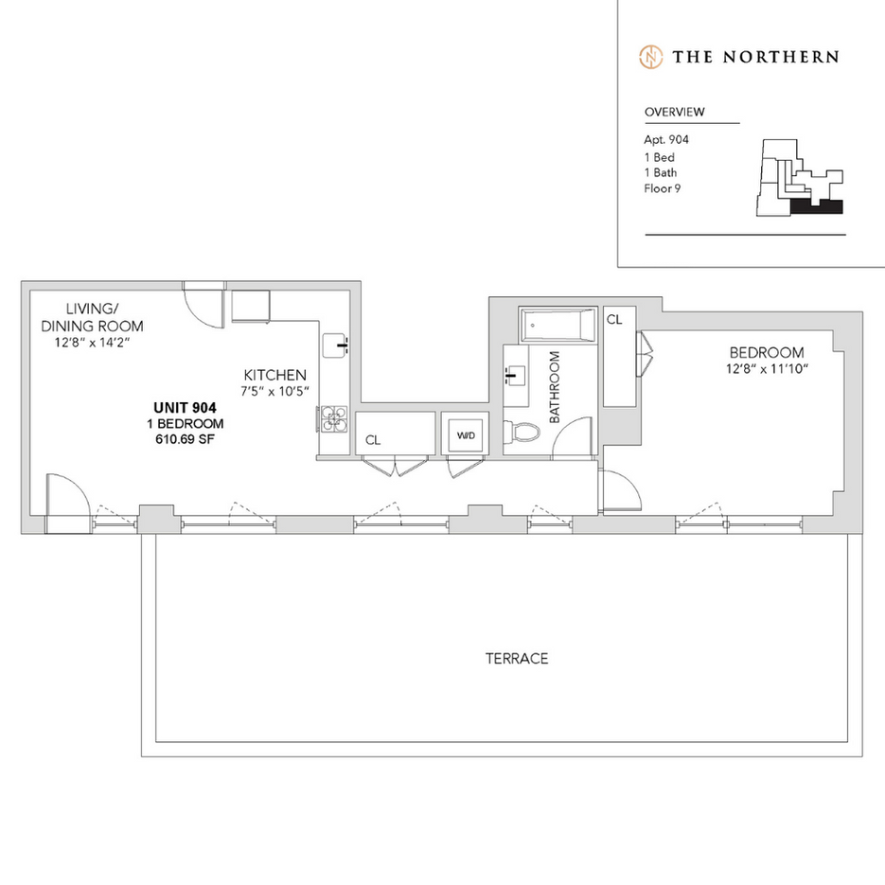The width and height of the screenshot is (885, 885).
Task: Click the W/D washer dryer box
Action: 466,435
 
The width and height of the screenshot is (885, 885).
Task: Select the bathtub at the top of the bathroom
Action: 558,326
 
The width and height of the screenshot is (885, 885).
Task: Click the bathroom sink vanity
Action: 515,375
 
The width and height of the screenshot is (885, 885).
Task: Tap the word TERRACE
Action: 517,659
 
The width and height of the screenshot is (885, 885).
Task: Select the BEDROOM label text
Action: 766,352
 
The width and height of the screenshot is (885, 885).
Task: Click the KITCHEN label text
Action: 274,374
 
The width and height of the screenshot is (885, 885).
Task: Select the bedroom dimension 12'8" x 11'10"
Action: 767,369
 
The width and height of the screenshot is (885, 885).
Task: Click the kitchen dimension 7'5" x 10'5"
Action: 274,391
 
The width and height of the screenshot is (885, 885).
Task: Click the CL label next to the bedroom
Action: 614,320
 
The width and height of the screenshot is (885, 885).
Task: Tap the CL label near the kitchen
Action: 373,439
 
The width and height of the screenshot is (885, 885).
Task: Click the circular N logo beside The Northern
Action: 650,56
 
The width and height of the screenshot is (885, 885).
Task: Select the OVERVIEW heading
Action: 674,112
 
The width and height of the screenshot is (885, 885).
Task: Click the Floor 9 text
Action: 663,188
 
